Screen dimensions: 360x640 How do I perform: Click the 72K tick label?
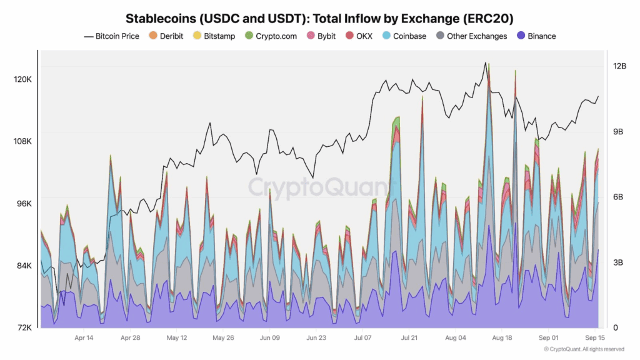tap(24, 327)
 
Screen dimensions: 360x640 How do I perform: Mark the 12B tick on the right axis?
tap(619, 66)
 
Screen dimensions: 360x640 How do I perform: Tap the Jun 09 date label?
tap(269, 338)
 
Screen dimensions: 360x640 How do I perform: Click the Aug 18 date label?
tap(502, 338)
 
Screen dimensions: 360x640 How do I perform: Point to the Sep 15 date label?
tap(594, 338)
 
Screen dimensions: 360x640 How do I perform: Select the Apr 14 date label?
tap(84, 338)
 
